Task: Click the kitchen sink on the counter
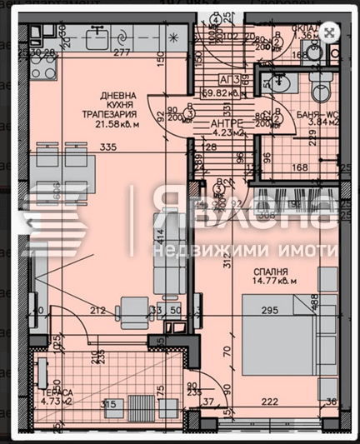97,36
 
